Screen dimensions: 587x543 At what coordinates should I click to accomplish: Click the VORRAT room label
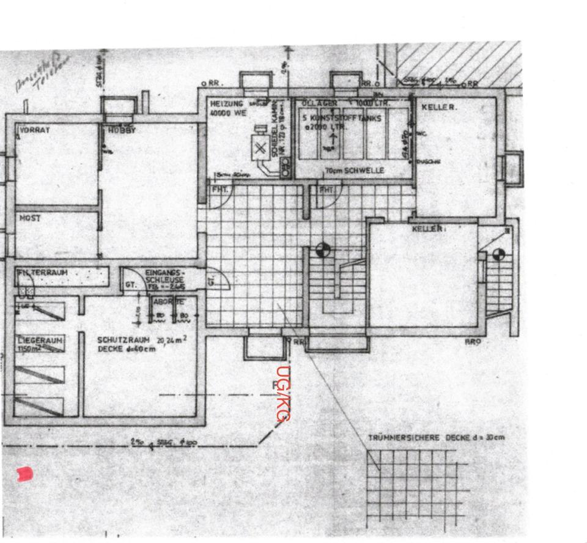click(35, 130)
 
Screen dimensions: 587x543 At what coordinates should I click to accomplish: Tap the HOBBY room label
click(122, 130)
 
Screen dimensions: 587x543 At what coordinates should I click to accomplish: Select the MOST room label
click(29, 218)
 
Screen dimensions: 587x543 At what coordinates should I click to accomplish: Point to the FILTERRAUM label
click(43, 273)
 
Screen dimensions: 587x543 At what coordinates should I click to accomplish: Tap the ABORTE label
click(168, 302)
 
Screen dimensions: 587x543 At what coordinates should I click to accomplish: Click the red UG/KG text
click(282, 394)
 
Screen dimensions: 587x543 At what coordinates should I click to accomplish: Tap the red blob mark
click(24, 473)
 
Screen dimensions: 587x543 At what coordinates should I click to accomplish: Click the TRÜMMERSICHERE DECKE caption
click(436, 438)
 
